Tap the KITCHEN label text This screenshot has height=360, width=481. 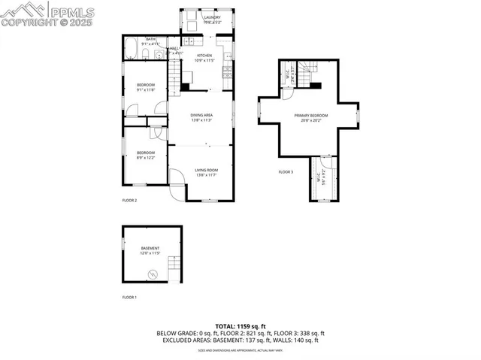pos(205,56)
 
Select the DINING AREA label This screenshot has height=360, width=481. pos(201,115)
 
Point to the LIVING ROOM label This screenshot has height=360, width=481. pos(207,171)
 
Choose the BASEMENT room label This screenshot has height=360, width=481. pos(150,249)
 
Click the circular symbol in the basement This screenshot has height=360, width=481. pos(153,274)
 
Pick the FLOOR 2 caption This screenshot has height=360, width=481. pos(129,201)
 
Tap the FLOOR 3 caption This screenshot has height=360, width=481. pos(286,172)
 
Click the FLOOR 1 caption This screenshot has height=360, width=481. pos(129,298)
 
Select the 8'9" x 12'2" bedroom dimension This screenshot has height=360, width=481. pos(145,158)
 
